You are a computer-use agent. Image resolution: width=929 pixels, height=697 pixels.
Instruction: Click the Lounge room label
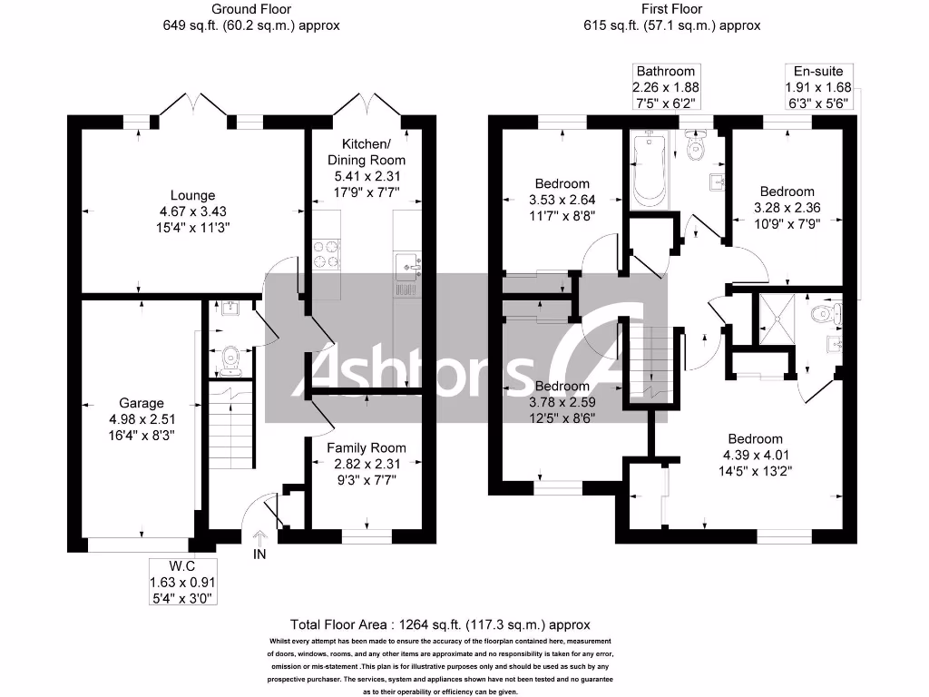tap(192, 195)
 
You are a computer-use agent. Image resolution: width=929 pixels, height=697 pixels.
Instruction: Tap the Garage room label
tap(142, 403)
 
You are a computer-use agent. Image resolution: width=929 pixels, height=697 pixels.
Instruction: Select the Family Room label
tap(367, 447)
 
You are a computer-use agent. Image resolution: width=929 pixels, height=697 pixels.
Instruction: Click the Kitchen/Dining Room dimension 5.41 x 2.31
tap(367, 176)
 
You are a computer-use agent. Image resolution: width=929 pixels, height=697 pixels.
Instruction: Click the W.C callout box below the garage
tap(185, 582)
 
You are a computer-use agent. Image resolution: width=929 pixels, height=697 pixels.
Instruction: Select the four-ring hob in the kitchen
tap(325, 253)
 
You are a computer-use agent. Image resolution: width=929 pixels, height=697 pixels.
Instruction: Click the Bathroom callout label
tap(665, 86)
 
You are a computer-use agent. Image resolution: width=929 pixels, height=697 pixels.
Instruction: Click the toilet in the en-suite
tap(825, 315)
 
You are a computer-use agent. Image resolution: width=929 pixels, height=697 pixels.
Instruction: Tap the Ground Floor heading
tap(245, 9)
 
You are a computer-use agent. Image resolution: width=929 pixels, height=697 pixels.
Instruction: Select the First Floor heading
tap(671, 9)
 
